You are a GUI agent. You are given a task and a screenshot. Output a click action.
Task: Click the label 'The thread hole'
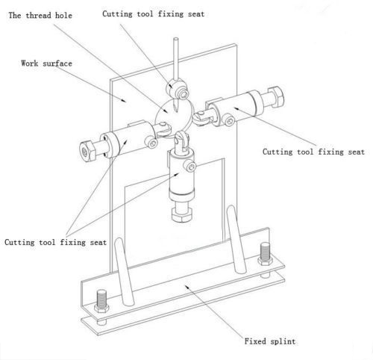40,16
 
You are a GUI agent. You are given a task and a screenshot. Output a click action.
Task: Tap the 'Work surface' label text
46,63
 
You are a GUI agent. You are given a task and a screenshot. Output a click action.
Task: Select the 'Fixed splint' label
270,341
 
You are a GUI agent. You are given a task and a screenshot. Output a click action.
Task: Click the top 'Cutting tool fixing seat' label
154,14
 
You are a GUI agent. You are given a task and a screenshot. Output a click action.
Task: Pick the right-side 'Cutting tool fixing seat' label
313,152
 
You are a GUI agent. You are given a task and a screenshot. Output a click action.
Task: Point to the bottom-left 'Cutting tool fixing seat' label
55,242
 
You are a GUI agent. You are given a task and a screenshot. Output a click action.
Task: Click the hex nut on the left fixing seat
88,151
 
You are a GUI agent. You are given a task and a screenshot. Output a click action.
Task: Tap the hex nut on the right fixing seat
275,97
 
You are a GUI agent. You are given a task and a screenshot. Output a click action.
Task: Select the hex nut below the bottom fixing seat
182,215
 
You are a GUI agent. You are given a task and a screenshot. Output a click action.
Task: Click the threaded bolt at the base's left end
101,302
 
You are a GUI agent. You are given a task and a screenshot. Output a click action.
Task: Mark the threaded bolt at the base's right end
265,254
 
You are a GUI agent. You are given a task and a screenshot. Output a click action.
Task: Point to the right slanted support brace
236,239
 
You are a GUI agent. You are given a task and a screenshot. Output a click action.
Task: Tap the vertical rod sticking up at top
176,59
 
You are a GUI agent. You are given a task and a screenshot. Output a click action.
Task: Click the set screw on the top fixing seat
184,94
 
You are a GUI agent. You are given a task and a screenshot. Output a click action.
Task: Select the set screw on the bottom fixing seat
190,166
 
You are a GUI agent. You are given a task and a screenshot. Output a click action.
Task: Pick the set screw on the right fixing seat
229,120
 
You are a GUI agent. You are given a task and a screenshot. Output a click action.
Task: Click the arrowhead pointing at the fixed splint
187,288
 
